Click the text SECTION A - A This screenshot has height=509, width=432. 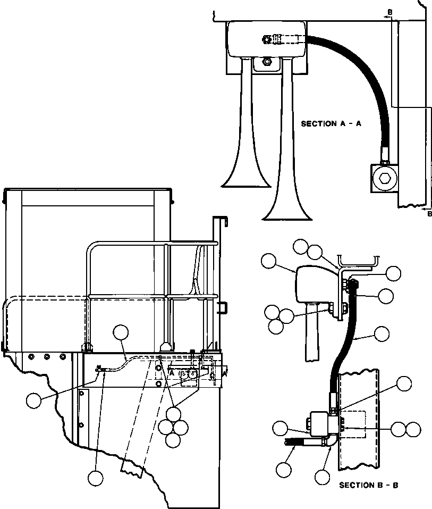[x=331, y=124]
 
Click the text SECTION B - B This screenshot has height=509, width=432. [x=369, y=485]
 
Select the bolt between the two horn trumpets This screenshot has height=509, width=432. [x=267, y=61]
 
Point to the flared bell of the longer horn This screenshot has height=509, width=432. [x=287, y=212]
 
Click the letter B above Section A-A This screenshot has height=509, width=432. [x=390, y=12]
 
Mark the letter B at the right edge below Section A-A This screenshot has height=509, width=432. [x=429, y=214]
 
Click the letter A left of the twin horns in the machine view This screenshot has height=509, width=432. [x=172, y=373]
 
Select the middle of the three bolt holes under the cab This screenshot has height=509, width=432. [x=47, y=357]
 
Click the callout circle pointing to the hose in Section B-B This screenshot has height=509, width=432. [x=382, y=333]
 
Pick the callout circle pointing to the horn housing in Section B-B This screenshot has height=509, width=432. [x=268, y=261]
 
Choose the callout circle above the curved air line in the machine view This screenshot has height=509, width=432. [x=121, y=332]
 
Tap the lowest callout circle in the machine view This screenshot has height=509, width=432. [x=95, y=478]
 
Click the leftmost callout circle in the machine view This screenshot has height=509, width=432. [x=34, y=400]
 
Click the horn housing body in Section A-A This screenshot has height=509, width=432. [x=266, y=39]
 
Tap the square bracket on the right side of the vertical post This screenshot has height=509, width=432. [x=223, y=308]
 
